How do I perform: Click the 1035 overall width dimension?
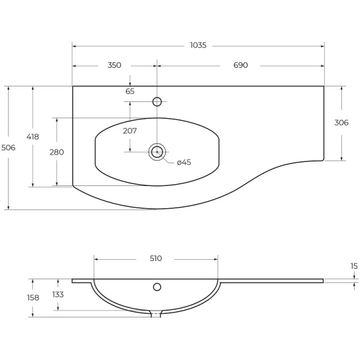(199, 45)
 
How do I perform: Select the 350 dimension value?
(115, 65)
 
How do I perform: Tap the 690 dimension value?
(241, 65)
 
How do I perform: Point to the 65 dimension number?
(130, 91)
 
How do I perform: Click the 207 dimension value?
(130, 131)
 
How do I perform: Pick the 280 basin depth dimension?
(57, 152)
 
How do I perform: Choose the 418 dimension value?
(32, 137)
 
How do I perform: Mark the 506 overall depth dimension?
(8, 148)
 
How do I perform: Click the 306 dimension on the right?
(341, 123)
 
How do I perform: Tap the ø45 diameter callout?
(184, 163)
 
